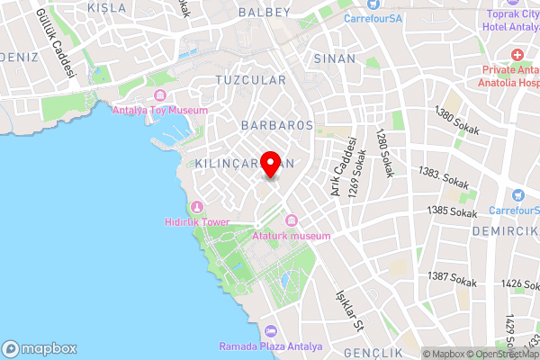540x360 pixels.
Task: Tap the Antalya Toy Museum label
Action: tap(160, 110)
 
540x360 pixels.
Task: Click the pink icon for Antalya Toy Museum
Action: tap(160, 96)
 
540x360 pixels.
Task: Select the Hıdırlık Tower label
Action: tap(197, 222)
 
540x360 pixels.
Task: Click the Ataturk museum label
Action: tap(292, 236)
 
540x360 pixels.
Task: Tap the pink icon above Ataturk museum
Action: tap(292, 221)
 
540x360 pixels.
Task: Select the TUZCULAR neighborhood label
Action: tap(251, 80)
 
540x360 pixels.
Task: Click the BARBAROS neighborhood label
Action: tap(277, 125)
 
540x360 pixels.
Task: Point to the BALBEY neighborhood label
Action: tap(265, 13)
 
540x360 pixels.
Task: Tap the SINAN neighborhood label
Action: tap(335, 58)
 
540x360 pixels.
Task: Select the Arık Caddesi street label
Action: tap(344, 166)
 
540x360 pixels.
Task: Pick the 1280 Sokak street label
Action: tap(384, 152)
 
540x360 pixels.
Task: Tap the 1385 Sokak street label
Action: tap(452, 212)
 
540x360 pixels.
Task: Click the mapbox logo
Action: tap(40, 348)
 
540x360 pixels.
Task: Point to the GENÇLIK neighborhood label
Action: tap(371, 354)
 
